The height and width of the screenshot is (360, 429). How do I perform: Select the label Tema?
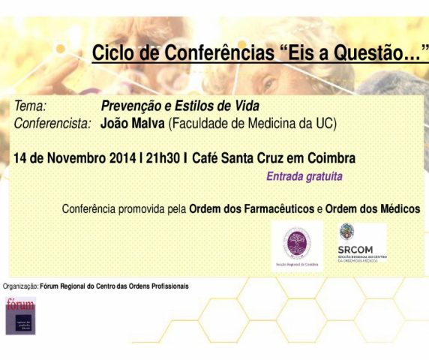tap(31, 106)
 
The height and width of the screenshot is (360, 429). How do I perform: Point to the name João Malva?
tap(133, 123)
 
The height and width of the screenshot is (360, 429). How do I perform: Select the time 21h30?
tap(164, 158)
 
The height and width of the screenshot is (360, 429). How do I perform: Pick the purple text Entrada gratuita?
tap(304, 178)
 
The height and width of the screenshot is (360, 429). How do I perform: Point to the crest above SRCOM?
tap(346, 232)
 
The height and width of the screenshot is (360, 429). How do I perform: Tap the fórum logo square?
tap(20, 315)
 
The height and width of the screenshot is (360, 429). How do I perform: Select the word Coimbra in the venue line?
tap(332, 158)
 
